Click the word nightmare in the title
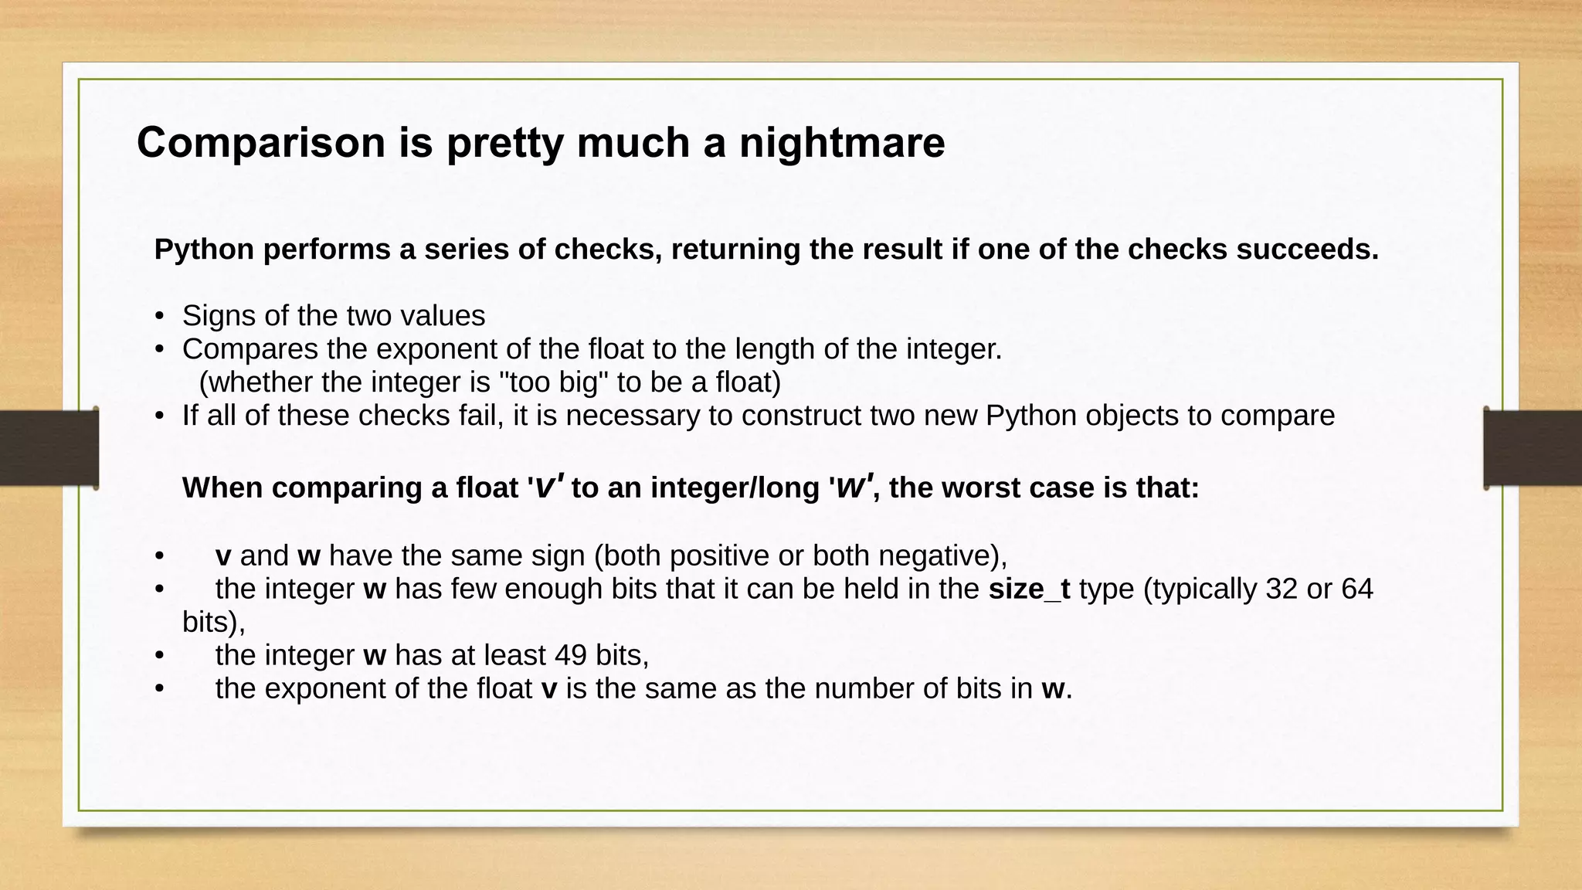pyautogui.click(x=842, y=144)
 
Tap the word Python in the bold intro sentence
pyautogui.click(x=204, y=250)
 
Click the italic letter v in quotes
pyautogui.click(x=545, y=487)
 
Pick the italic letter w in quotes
pyautogui.click(x=850, y=487)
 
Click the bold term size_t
pyautogui.click(x=1029, y=589)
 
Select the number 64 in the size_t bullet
pyautogui.click(x=1356, y=589)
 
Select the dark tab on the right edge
pyautogui.click(x=1533, y=448)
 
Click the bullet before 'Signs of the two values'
pyautogui.click(x=159, y=317)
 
